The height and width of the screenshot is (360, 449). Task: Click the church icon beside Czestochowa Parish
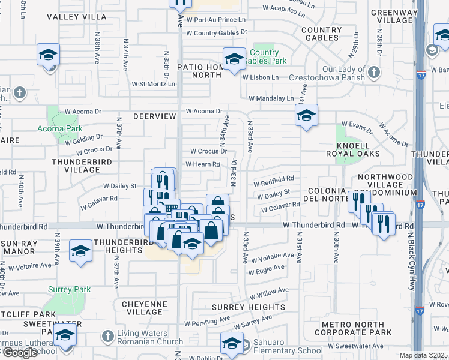(373, 73)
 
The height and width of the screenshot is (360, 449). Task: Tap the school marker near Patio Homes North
(234, 58)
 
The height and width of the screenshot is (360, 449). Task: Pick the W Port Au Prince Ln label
(217, 19)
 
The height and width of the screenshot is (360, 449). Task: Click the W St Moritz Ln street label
(153, 84)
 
